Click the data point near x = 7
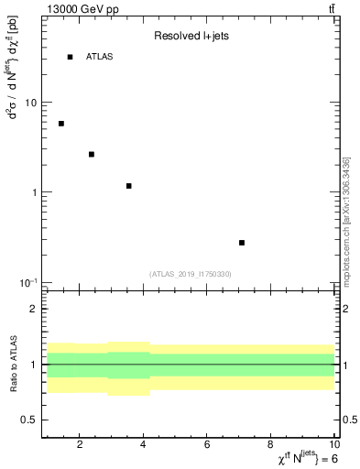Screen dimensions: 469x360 coord(242,243)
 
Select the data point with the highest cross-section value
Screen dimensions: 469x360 coord(61,124)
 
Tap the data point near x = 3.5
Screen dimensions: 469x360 coord(129,186)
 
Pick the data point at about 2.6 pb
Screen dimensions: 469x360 coord(92,154)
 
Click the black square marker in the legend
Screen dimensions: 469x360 coord(70,57)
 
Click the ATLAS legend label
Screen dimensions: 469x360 coord(99,57)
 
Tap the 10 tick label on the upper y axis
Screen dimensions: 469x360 coord(30,103)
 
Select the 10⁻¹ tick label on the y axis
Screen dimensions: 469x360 coord(27,281)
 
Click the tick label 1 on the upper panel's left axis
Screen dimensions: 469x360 coord(34,192)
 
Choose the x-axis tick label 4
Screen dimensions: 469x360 coord(144,446)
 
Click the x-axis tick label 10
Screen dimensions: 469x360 coord(333,446)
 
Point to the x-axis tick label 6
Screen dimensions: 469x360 coord(208,446)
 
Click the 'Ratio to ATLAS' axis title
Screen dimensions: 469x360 coord(13,365)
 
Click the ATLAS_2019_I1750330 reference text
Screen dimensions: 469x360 coord(191,274)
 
